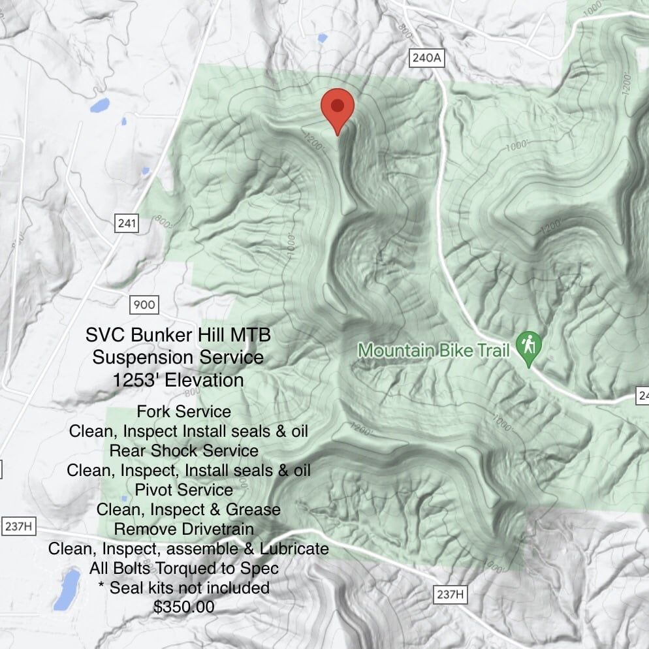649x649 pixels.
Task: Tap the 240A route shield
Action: click(x=427, y=58)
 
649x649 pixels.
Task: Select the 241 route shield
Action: click(x=127, y=224)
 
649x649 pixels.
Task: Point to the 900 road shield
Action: click(x=144, y=304)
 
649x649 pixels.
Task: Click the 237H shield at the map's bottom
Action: click(x=451, y=594)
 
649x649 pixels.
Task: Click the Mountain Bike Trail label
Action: click(x=434, y=351)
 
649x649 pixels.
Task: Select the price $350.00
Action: click(x=184, y=607)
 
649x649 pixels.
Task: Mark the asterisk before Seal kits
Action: click(x=101, y=586)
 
